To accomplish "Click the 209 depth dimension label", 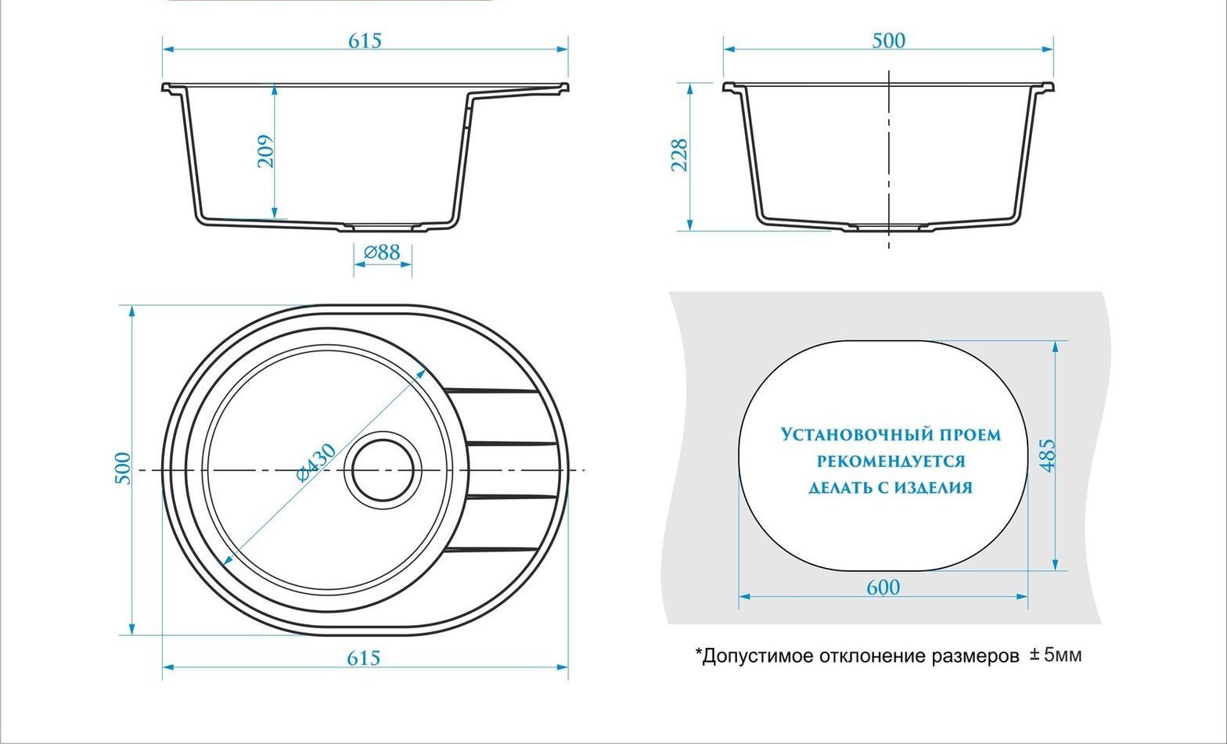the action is [x=266, y=151].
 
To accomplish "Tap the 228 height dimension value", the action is [x=679, y=156].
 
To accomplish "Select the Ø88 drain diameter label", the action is [x=383, y=253].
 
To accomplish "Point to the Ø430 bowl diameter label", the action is [x=317, y=462].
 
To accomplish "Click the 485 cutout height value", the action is [x=1047, y=455].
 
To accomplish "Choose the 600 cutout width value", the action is [x=883, y=588].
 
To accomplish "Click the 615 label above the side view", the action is [x=365, y=41].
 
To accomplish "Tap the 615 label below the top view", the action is [x=364, y=658].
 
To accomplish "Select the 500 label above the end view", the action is [x=888, y=41].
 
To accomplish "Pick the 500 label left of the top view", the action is [x=124, y=468].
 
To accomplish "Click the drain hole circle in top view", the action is [x=383, y=469].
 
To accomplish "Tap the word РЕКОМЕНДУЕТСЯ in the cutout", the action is [x=891, y=462].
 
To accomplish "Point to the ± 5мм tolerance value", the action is [x=1056, y=655].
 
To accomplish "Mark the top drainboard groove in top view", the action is [x=491, y=391].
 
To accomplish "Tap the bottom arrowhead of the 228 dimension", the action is [x=689, y=225].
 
